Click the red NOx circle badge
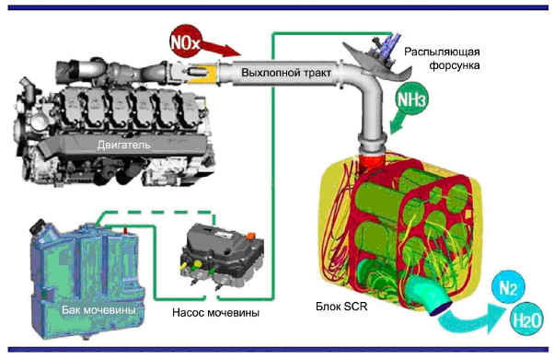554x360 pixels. [185, 42]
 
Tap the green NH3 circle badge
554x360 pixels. [412, 99]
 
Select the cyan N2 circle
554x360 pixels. [509, 288]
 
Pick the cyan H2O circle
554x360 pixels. [526, 319]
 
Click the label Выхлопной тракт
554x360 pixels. [286, 73]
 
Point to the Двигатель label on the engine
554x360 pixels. [123, 145]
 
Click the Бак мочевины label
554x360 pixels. [98, 310]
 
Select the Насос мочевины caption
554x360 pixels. [216, 313]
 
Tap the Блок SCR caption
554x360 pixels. [341, 307]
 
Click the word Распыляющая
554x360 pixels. [442, 52]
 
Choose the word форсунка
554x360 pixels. [455, 65]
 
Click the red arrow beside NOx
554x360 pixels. [221, 49]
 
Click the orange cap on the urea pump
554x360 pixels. [250, 235]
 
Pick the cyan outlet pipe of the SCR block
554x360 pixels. [429, 295]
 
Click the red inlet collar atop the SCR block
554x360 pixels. [372, 161]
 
